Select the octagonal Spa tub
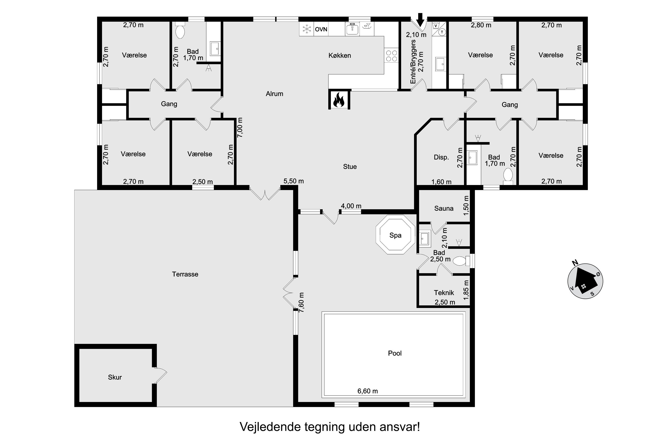[395, 235]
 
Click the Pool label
[395, 353]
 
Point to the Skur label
[115, 377]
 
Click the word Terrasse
[185, 274]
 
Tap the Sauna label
[444, 209]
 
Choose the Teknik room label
[444, 293]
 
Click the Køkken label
[340, 56]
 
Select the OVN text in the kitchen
[321, 29]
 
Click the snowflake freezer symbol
[307, 29]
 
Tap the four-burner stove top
[391, 56]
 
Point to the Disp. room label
[441, 157]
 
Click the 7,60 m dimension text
[301, 303]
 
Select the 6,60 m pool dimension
[368, 391]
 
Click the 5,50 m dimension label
[294, 181]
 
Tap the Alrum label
[274, 94]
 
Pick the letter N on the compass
[575, 263]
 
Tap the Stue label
[350, 167]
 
